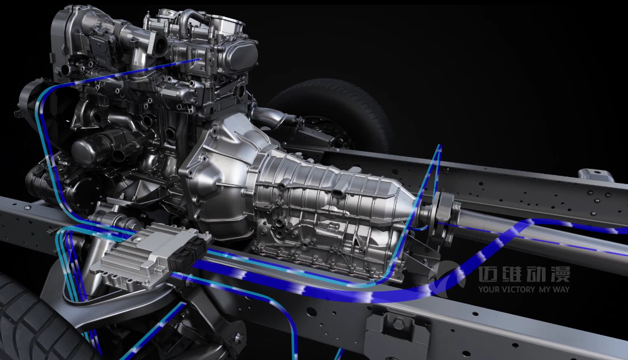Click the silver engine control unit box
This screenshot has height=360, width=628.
148,256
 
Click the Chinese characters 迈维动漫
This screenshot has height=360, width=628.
524,274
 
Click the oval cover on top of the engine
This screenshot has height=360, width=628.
240,57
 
